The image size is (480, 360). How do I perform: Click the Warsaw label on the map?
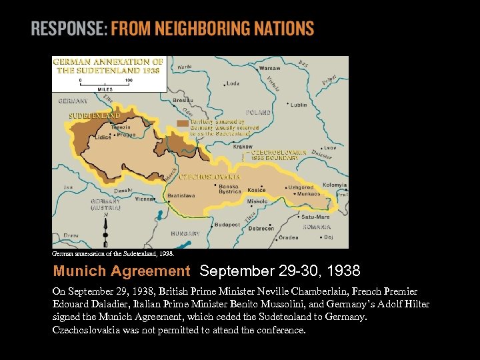(x=270, y=68)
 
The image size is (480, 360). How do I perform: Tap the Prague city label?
(x=126, y=135)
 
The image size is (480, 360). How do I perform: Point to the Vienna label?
(x=145, y=199)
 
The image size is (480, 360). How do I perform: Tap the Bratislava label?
(x=181, y=196)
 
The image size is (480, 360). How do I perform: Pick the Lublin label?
(x=299, y=105)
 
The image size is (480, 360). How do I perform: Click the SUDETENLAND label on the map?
(x=95, y=115)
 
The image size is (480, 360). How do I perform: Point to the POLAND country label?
(x=259, y=113)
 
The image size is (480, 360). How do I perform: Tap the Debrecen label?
(x=261, y=228)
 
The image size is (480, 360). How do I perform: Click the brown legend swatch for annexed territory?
(x=182, y=123)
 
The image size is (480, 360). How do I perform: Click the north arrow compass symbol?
(x=105, y=227)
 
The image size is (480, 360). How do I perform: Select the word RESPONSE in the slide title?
(x=69, y=29)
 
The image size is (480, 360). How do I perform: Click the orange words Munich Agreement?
(x=121, y=271)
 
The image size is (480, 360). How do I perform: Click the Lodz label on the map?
(x=233, y=84)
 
